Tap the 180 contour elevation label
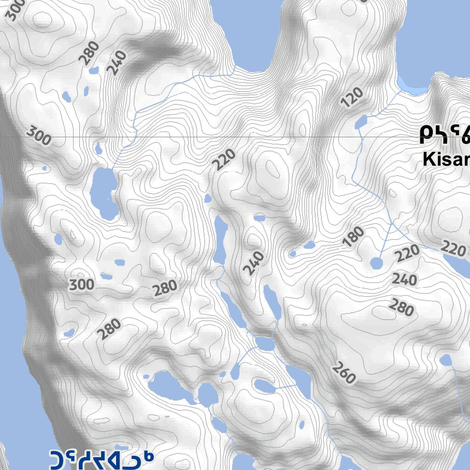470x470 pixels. (353, 237)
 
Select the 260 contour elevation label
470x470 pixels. (344, 373)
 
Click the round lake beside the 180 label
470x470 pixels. (376, 263)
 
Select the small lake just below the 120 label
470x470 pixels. (361, 122)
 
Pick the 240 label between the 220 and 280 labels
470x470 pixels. (404, 280)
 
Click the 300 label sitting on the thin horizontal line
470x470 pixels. (39, 136)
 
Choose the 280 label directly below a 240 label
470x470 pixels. (401, 307)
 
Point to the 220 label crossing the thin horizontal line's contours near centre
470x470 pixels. (225, 160)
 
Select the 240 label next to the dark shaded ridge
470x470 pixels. (116, 62)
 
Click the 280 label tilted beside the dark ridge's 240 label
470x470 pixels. (89, 52)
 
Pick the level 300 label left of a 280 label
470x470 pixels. (82, 285)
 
